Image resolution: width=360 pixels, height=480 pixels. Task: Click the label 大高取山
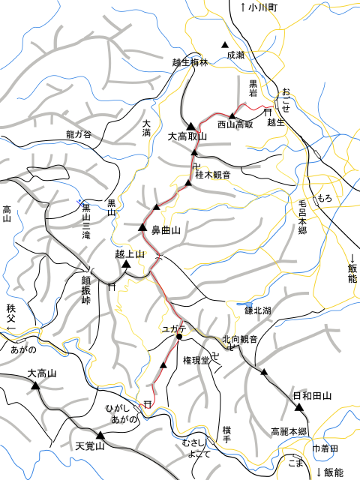coord(187,137)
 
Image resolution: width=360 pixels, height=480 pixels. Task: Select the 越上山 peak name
coord(129,254)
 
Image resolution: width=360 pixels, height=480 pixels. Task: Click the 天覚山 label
coord(89,445)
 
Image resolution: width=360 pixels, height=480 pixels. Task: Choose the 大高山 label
coord(42,373)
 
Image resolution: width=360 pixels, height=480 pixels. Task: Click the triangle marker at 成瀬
coord(223,43)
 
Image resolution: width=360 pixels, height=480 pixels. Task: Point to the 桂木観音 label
coord(212,175)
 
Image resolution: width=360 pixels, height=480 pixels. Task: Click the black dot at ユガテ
coord(179,337)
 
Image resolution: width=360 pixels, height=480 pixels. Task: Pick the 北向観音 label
coord(239,340)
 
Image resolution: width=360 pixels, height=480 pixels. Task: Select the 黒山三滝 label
coord(88,221)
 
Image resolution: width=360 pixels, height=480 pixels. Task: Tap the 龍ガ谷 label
coord(78,135)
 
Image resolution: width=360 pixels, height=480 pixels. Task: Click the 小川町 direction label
coord(259,7)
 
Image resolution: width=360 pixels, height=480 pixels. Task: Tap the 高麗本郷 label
coord(289,432)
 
